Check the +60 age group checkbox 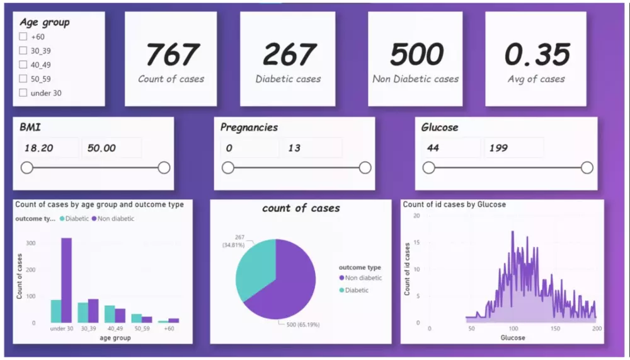23,37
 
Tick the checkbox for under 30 23,93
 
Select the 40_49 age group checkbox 23,64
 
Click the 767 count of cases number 171,55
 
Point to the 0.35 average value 537,55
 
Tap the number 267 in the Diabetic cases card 288,55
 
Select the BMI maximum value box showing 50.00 111,148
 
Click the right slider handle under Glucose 587,168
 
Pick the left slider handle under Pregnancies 228,168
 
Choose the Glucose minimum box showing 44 450,148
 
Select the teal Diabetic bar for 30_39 83,313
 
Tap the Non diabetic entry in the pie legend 363,278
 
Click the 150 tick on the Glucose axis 555,328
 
